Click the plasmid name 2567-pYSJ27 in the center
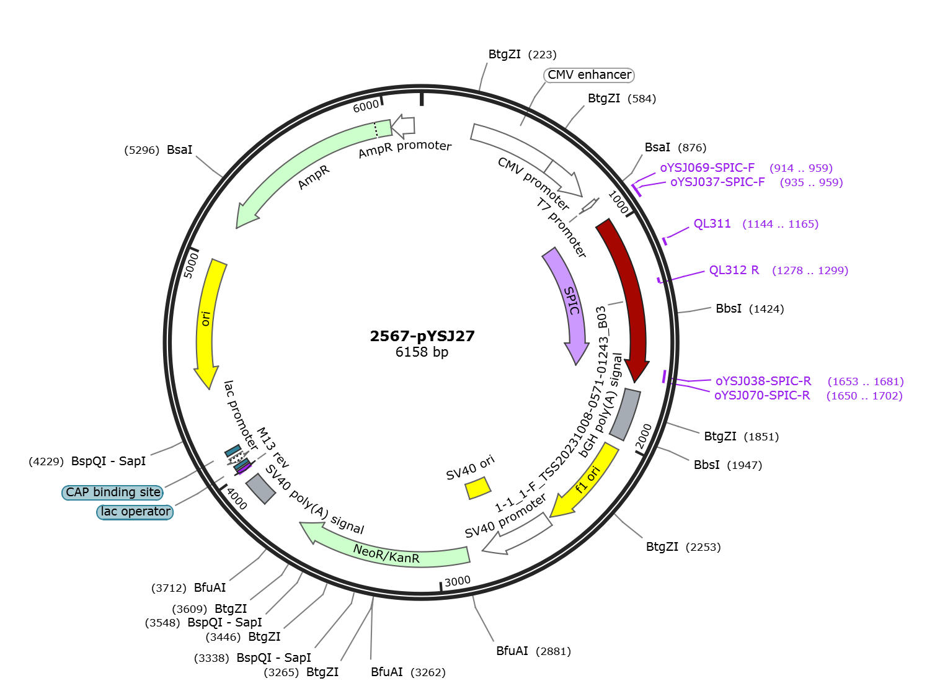(422, 336)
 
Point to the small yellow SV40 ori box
(478, 488)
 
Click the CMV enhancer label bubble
(589, 75)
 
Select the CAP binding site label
(112, 493)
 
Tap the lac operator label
(135, 512)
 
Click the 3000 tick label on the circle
(457, 581)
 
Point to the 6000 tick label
(366, 106)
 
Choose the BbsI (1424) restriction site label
(750, 309)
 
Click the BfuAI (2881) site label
(533, 651)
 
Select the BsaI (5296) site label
(158, 149)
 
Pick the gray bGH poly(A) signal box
(625, 414)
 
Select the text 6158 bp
(422, 352)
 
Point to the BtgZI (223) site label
(523, 55)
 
